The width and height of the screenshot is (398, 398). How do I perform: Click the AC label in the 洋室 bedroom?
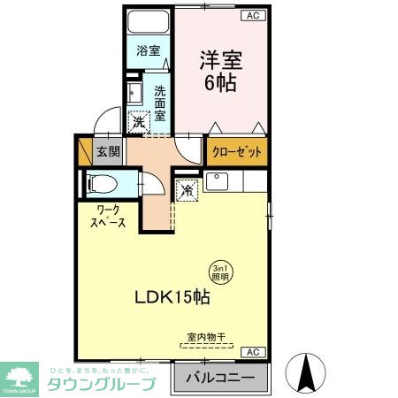[x=252, y=16]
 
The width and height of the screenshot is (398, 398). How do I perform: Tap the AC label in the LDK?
[x=252, y=351]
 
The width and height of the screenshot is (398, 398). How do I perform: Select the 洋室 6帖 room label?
[x=220, y=72]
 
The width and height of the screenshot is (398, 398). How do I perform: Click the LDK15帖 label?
[x=173, y=298]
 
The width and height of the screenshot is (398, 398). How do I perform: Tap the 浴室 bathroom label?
[x=148, y=51]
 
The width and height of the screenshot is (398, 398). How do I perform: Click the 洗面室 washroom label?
[x=160, y=103]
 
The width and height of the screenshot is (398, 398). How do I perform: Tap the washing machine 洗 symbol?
[x=139, y=123]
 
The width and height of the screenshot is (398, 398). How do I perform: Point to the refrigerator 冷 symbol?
[x=188, y=189]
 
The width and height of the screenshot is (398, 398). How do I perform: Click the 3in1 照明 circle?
[x=220, y=272]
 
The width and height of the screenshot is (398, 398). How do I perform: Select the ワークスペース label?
[x=105, y=216]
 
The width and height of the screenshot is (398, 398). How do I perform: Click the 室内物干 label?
[x=207, y=336]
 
